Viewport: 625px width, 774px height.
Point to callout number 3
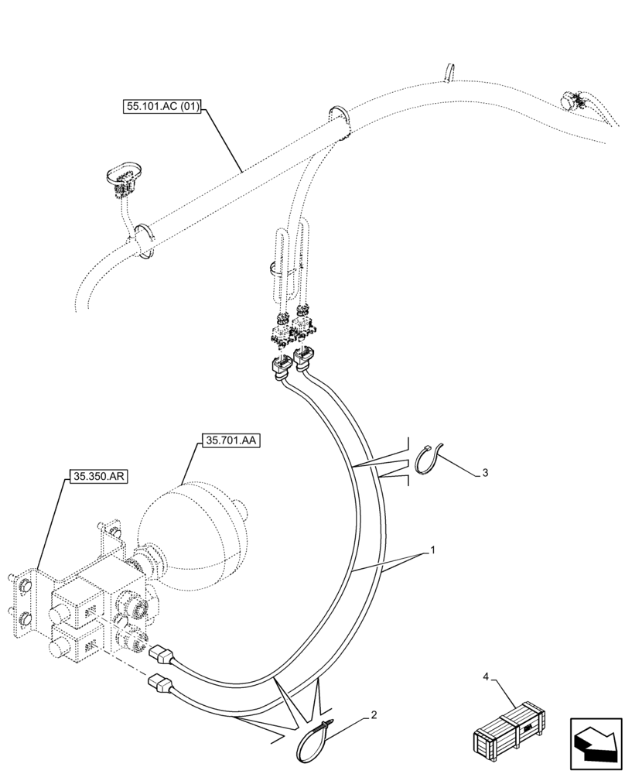coord(485,471)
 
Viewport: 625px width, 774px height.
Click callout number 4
coord(487,677)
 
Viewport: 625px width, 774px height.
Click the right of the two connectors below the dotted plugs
coord(305,358)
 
